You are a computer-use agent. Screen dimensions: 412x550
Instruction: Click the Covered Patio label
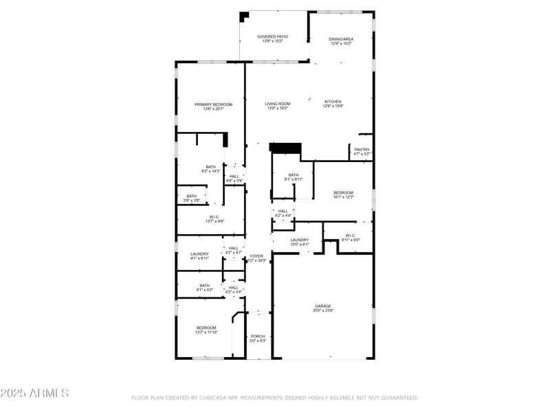pos(272,36)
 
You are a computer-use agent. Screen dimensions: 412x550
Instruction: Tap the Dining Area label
pos(341,39)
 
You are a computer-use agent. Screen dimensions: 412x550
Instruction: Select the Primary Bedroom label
pos(213,104)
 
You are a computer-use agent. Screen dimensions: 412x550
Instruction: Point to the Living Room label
pos(278,104)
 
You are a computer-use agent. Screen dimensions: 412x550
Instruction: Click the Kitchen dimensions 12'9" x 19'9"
pos(333,106)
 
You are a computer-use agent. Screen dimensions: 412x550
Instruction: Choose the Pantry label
pos(362,150)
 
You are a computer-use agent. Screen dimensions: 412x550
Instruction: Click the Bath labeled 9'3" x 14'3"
pos(211,168)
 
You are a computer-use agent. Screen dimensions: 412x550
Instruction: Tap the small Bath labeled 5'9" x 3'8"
pos(191,196)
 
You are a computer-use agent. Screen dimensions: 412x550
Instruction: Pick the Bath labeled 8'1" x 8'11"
pos(294,175)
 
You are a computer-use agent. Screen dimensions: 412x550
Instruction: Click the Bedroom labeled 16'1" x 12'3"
pos(343,192)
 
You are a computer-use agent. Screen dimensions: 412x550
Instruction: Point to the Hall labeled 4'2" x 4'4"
pos(283,211)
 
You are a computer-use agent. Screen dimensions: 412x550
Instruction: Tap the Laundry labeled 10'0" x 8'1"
pos(299,240)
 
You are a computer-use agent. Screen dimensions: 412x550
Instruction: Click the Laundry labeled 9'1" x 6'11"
pos(199,254)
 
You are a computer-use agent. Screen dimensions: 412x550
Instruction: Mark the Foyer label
pos(256,256)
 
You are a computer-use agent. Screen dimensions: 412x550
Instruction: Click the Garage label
pos(323,306)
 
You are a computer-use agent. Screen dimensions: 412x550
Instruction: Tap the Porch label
pos(258,336)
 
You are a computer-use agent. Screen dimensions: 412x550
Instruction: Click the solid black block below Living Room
pos(286,148)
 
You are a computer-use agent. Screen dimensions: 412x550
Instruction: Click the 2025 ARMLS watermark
pos(34,393)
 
